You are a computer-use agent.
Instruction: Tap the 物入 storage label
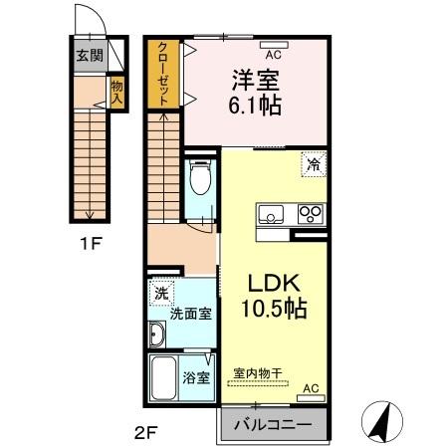[115, 94]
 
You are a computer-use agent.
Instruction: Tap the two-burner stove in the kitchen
[310, 213]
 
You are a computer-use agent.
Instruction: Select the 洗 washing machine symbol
[160, 294]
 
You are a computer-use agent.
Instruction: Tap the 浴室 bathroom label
[195, 377]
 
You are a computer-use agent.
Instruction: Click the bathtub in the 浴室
[164, 379]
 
